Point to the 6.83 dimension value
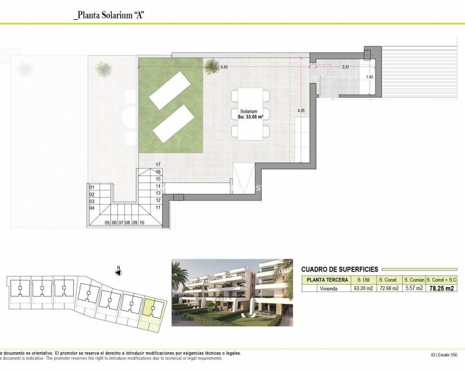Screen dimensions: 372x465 (x=224, y=67)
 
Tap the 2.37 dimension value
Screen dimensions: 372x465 (x=345, y=67)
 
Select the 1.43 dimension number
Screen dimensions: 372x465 (x=370, y=77)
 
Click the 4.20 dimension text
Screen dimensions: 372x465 (x=301, y=110)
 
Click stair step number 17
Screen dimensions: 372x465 (x=158, y=165)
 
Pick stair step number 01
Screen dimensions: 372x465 (x=91, y=187)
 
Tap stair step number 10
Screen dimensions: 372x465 (x=142, y=223)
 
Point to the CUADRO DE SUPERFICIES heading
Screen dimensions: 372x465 (x=339, y=269)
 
